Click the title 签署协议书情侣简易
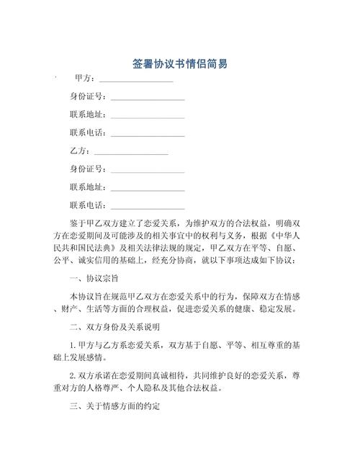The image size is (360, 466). [180, 65]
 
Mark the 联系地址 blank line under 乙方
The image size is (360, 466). [147, 188]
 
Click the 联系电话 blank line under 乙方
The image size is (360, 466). [147, 206]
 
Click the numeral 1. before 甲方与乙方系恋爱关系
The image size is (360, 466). [73, 345]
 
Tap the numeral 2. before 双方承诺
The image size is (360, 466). [73, 376]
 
